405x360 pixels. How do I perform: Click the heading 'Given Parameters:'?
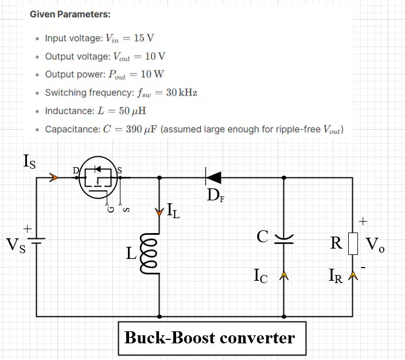[70, 14]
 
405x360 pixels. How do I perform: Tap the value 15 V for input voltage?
[144, 38]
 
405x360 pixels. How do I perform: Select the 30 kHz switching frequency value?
[182, 92]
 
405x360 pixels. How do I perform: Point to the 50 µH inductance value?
[133, 111]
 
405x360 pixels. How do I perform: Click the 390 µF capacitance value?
[141, 129]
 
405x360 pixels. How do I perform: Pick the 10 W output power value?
[152, 74]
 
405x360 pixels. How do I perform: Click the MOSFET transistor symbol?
[98, 177]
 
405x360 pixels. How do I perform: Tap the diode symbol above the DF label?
[213, 177]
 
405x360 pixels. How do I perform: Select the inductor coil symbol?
[149, 253]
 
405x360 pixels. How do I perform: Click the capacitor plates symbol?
[284, 239]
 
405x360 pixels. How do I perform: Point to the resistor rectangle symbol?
[353, 243]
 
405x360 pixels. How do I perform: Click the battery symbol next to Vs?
[36, 241]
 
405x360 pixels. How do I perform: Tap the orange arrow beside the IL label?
[159, 212]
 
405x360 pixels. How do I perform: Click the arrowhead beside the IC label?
[284, 276]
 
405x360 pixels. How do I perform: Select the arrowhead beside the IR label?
[353, 276]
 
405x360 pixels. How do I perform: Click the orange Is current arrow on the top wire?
[54, 177]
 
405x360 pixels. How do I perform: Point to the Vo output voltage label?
[375, 244]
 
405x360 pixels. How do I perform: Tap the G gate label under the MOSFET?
[111, 209]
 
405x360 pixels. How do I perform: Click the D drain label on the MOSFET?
[76, 171]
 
